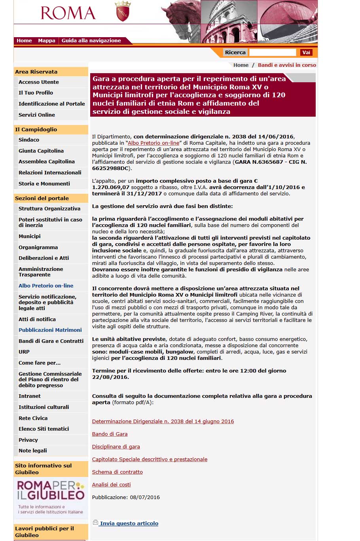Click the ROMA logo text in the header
point(68,13)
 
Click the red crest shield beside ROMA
point(122,11)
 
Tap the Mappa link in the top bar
point(47,41)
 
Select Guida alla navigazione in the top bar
point(91,41)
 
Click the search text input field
point(273,53)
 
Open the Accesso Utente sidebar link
point(39,82)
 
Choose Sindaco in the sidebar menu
point(29,140)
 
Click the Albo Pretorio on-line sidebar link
point(46,286)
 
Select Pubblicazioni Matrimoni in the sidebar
point(50,330)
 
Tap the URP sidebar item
point(24,352)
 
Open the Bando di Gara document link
point(110,434)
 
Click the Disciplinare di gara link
point(116,447)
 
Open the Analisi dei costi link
point(111,485)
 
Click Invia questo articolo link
point(129,524)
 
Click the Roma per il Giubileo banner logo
point(51,497)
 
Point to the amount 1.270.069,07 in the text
point(111,187)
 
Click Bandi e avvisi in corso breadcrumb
point(287,65)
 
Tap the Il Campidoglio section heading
point(36,130)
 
